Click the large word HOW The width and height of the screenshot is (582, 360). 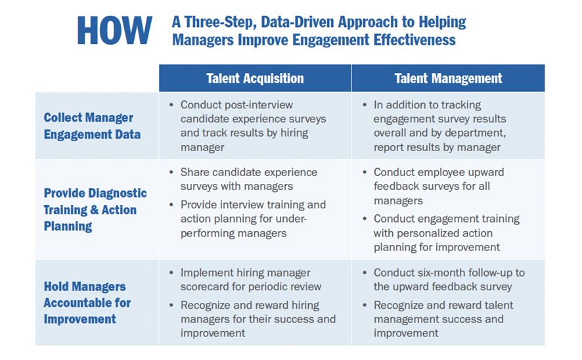[x=115, y=30]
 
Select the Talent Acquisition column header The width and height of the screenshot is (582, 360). [x=255, y=78]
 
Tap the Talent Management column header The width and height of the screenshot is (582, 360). [x=448, y=78]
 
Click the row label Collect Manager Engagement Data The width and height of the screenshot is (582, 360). [x=92, y=126]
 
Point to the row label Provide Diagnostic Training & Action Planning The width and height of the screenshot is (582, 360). [x=95, y=210]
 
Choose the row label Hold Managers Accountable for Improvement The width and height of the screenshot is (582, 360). [x=87, y=303]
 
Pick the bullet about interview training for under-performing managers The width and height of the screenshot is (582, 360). [x=253, y=219]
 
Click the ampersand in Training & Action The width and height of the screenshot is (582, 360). [x=95, y=210]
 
